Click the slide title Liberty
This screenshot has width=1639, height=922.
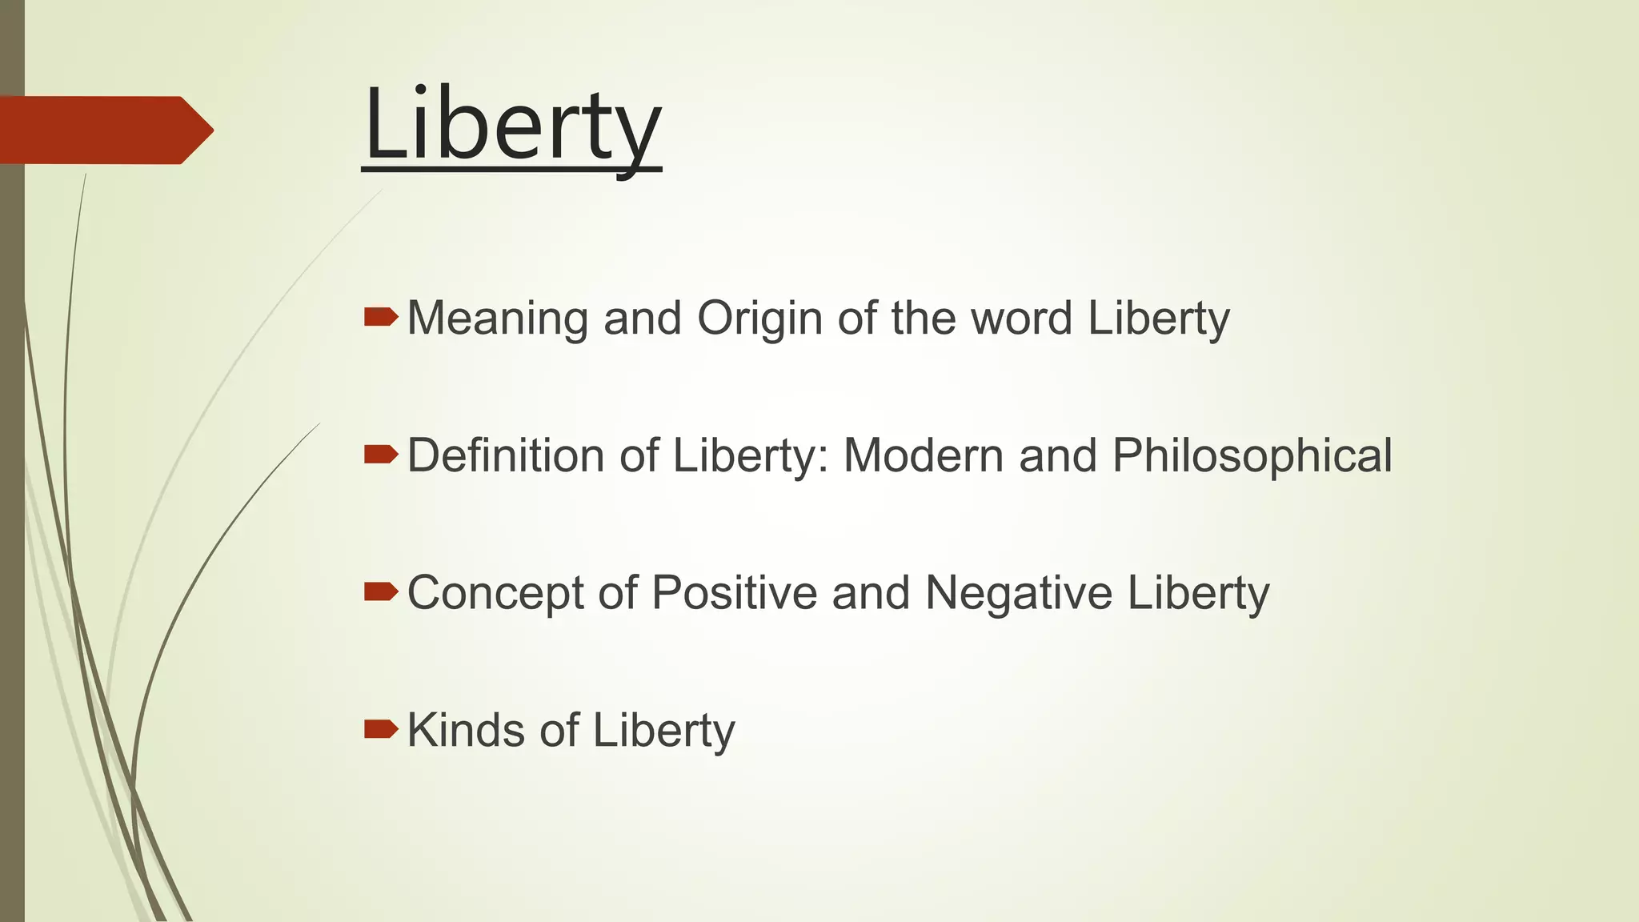tap(512, 126)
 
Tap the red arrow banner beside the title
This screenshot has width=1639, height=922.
tap(104, 130)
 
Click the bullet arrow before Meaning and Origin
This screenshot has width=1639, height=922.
tap(381, 318)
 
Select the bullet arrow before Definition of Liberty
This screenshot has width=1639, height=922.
tap(381, 455)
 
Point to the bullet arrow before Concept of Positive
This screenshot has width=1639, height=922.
tap(381, 592)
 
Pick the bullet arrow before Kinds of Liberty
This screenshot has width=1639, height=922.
tap(381, 729)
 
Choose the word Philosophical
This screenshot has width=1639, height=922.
tap(1252, 455)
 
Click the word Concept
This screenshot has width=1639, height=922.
tap(495, 593)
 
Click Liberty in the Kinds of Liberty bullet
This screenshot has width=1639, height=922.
tap(663, 730)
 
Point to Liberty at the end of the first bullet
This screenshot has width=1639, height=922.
tap(1158, 319)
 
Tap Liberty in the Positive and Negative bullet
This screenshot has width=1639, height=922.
tap(1198, 593)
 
